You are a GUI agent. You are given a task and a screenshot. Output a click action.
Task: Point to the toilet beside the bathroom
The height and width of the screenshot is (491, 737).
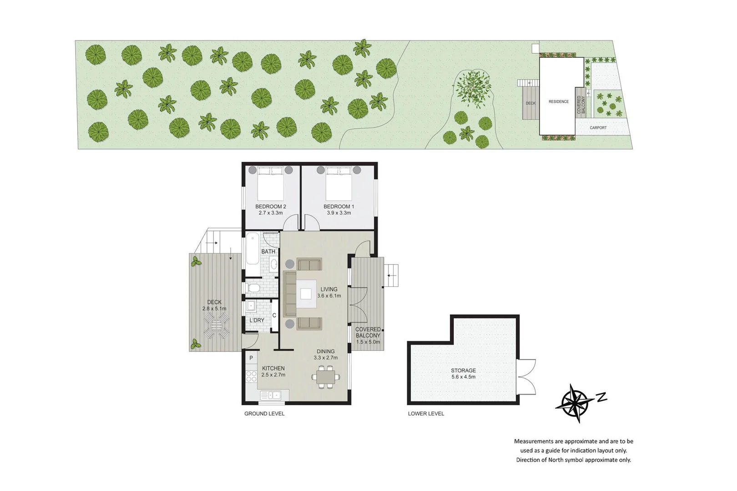[252, 288]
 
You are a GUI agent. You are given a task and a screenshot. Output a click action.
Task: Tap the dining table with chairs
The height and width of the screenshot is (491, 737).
[325, 377]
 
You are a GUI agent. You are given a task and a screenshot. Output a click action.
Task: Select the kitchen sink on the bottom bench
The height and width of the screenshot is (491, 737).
[271, 396]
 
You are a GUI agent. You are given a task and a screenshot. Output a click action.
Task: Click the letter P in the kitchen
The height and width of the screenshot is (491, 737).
[251, 359]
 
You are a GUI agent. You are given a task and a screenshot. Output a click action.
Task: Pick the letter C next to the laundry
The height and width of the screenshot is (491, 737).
[274, 316]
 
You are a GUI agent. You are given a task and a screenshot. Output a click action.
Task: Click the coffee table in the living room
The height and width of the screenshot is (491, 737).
[306, 294]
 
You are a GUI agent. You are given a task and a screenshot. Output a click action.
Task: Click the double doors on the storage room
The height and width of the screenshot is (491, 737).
[526, 377]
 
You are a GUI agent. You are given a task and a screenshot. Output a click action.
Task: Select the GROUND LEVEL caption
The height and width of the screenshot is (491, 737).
[264, 414]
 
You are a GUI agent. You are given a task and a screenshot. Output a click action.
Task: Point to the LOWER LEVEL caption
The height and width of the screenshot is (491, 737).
[426, 414]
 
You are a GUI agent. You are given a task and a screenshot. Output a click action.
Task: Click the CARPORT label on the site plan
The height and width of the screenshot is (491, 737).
[598, 128]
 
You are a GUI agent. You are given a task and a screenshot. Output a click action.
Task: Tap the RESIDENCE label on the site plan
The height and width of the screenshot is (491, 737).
[558, 102]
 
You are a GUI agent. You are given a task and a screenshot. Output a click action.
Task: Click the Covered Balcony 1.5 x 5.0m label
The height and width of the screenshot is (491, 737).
[368, 336]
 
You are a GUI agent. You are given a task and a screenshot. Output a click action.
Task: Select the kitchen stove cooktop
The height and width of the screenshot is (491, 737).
[251, 376]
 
